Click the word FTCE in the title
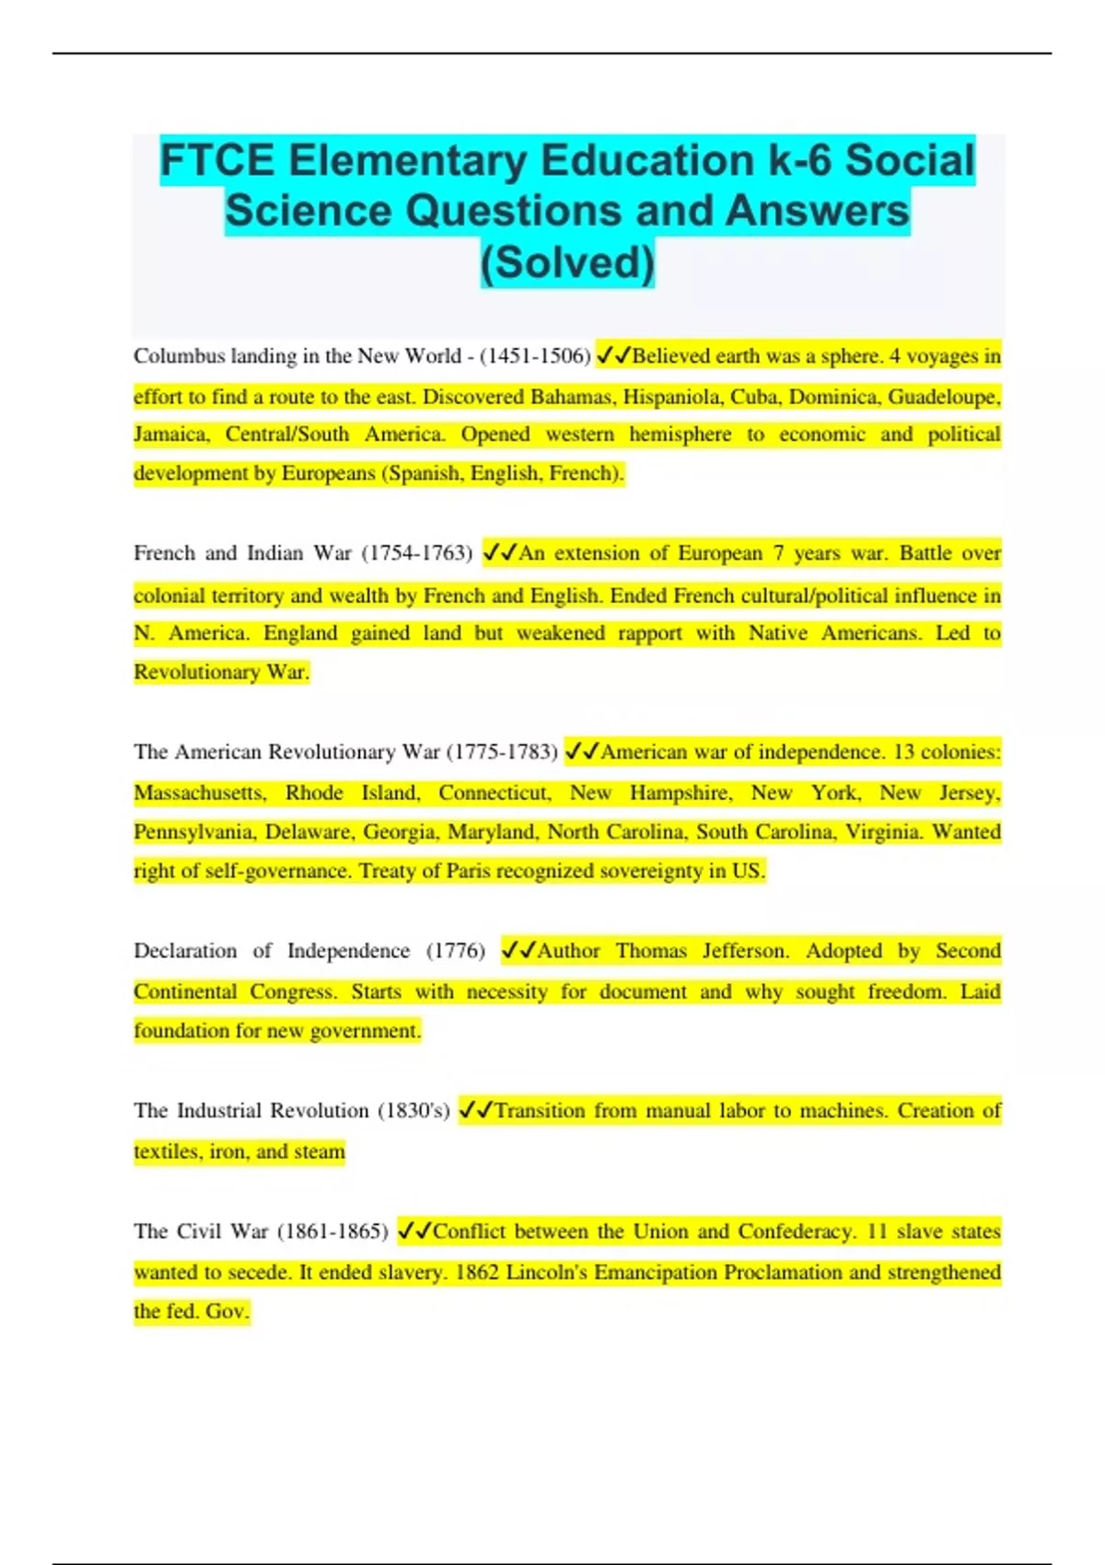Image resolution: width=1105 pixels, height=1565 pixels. (x=217, y=161)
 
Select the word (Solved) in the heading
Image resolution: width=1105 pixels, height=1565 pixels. (x=567, y=262)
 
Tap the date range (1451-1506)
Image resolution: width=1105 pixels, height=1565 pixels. (x=535, y=356)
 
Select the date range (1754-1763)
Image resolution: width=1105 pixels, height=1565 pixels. (x=416, y=553)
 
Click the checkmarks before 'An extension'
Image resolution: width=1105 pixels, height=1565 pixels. (x=500, y=553)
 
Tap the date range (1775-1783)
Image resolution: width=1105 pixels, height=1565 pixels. (x=502, y=752)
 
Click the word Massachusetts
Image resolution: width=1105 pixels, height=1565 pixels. (x=199, y=793)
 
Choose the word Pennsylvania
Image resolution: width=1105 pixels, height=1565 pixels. (x=194, y=832)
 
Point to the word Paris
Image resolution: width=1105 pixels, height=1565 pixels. (x=468, y=871)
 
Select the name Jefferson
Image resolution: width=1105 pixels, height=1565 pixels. (x=745, y=951)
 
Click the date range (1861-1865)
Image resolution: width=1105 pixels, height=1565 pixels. (x=332, y=1232)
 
